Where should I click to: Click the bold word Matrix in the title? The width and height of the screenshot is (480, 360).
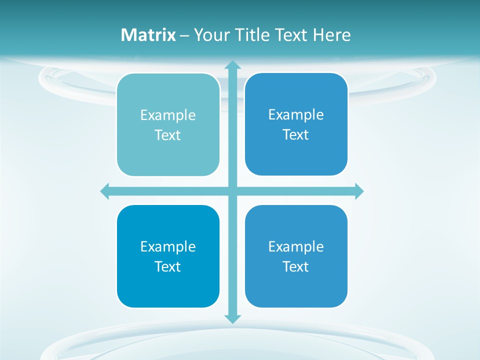(148, 35)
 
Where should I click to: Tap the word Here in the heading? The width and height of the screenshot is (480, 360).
(332, 35)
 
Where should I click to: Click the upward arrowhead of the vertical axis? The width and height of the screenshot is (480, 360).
(232, 64)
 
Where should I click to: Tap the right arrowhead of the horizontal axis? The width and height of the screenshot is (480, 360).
(359, 191)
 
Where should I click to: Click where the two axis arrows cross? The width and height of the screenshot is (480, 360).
(232, 191)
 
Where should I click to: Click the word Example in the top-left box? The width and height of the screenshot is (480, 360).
(168, 115)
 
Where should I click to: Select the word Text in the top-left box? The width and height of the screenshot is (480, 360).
(168, 135)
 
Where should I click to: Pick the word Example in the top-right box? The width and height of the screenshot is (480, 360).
(296, 115)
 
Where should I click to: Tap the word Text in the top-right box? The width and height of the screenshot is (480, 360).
(296, 135)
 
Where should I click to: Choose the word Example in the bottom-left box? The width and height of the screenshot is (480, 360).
(168, 247)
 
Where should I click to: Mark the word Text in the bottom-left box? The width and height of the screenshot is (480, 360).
(168, 267)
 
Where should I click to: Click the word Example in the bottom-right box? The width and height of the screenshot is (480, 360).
(296, 247)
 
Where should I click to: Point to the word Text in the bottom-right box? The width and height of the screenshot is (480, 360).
(296, 267)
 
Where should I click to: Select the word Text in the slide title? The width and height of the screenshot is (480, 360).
(290, 35)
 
